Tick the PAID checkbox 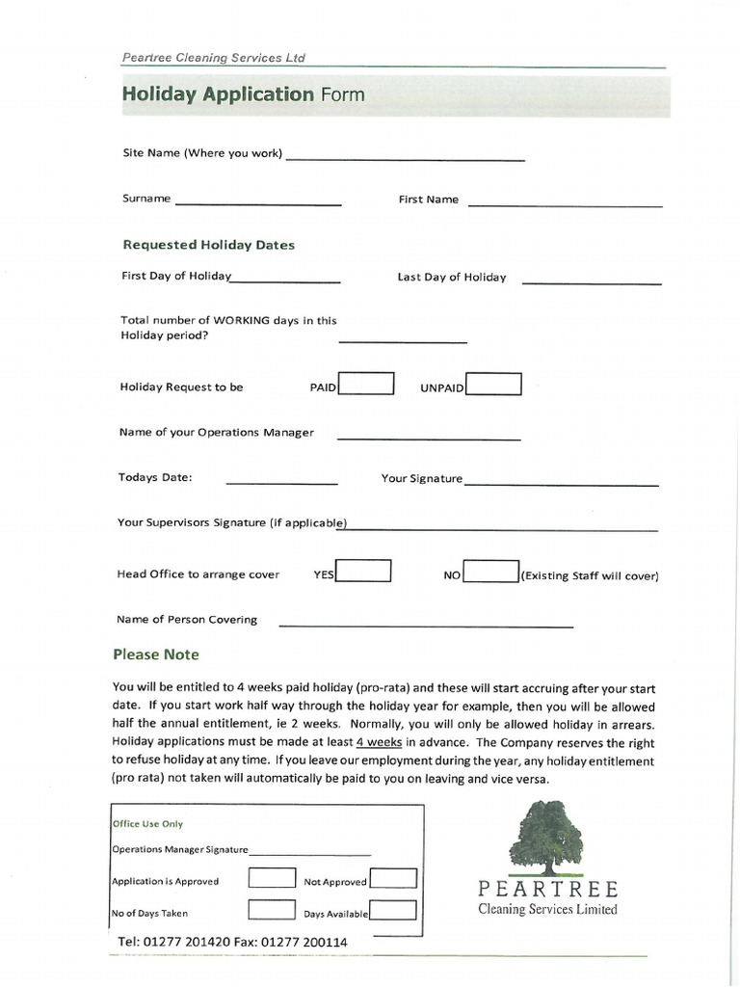[x=365, y=384]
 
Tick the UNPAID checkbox [x=493, y=385]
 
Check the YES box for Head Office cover [x=362, y=571]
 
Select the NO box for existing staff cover [x=491, y=573]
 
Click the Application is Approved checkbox [x=272, y=878]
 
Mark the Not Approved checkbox [x=393, y=879]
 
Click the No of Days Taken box [x=272, y=910]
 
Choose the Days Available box [x=393, y=911]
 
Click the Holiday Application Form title [x=243, y=94]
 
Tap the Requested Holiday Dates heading [x=208, y=245]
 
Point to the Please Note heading [x=156, y=654]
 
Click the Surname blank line [x=257, y=202]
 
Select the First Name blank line [x=565, y=204]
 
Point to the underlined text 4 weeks [x=379, y=742]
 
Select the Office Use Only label [x=147, y=824]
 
